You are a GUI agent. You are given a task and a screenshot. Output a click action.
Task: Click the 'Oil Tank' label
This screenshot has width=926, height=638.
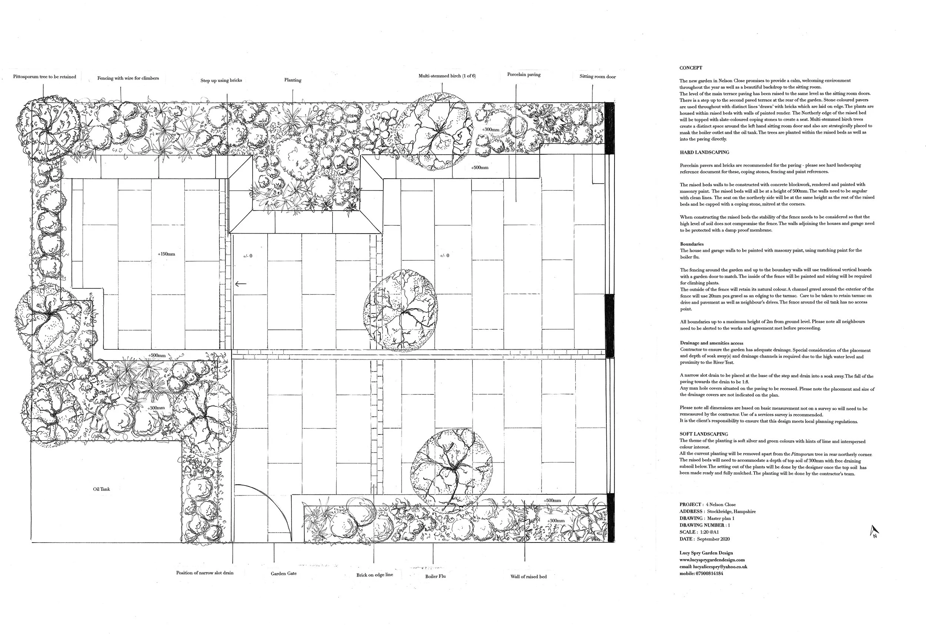(x=101, y=489)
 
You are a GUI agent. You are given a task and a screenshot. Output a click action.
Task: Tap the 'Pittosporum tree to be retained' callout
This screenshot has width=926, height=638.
(x=44, y=77)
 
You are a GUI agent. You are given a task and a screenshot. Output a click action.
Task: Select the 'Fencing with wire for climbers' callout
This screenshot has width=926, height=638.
(x=128, y=78)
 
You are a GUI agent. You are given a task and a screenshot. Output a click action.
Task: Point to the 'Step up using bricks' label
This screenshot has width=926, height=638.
(x=221, y=80)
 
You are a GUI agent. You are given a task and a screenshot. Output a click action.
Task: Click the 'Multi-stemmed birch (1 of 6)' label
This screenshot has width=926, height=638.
(x=447, y=76)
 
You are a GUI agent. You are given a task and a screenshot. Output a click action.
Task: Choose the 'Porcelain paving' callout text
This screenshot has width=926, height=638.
(x=524, y=75)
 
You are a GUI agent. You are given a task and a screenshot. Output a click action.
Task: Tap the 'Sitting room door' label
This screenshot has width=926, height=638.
(x=597, y=77)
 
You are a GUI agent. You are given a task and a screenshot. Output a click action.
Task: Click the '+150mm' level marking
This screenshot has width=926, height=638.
(x=166, y=254)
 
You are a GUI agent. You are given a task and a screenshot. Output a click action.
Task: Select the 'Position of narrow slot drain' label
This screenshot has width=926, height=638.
(x=204, y=573)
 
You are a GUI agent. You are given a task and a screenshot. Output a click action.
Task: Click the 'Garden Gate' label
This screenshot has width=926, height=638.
(x=284, y=574)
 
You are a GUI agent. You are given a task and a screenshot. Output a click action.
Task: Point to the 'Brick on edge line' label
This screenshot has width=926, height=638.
(x=374, y=575)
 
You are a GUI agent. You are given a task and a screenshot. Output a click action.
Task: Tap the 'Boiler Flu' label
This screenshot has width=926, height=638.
(x=435, y=577)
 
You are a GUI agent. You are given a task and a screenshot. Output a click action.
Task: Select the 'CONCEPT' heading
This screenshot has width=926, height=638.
(x=690, y=68)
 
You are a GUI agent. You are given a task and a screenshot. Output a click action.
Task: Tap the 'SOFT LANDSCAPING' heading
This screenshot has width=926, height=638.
(x=704, y=434)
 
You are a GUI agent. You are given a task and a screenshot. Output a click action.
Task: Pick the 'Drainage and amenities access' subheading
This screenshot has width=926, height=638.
(x=712, y=343)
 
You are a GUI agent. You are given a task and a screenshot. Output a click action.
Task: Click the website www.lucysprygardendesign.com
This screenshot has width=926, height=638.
(x=712, y=560)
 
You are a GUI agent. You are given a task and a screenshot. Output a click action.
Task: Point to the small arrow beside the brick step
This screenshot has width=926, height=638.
(x=240, y=284)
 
